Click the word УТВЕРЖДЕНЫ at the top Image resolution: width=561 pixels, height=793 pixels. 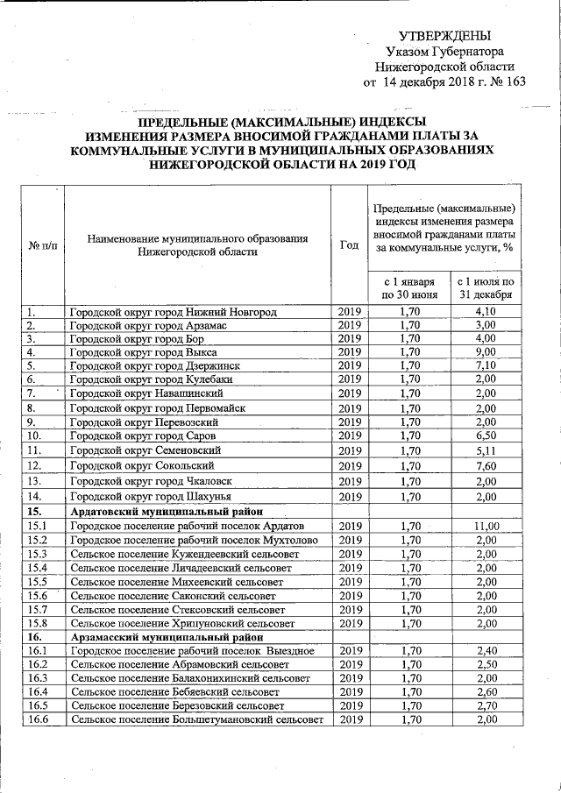click(444, 36)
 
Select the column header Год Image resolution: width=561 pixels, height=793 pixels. click(349, 245)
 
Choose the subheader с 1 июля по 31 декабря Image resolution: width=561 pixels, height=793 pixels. click(482, 288)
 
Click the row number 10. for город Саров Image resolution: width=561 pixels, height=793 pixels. click(35, 435)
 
